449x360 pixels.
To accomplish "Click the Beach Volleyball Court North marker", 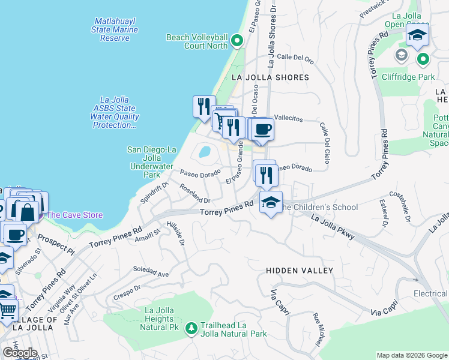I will click(x=237, y=41).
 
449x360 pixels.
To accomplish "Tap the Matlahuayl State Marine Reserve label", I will click(x=115, y=29).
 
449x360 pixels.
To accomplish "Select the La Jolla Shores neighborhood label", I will click(x=270, y=77).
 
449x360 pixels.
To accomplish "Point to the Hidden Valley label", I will click(x=299, y=271).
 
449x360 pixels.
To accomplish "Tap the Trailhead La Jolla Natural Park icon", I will click(x=191, y=328).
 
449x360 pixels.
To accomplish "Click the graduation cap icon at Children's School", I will click(x=271, y=203).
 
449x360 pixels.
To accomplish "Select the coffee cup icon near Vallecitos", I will click(x=262, y=128).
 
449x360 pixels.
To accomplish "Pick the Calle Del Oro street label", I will click(x=295, y=58).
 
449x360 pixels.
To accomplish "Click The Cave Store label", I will click(x=74, y=215).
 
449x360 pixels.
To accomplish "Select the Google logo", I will click(x=19, y=353).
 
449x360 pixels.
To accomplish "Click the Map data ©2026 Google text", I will click(x=412, y=355).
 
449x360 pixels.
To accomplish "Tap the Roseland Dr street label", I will click(x=195, y=193).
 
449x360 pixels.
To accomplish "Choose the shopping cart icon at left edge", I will click(x=6, y=310).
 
